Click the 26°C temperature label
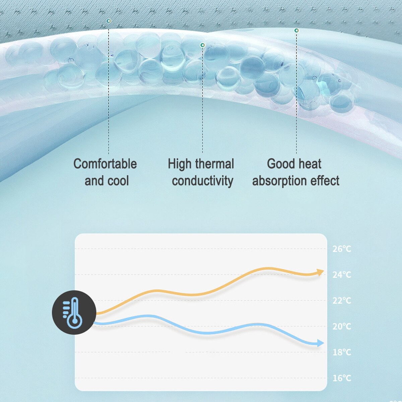(342, 249)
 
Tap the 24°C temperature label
(342, 275)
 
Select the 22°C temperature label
(342, 300)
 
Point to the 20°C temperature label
(342, 327)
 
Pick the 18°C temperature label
(342, 352)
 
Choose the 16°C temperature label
(342, 378)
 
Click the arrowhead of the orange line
(320, 272)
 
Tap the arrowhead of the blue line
(321, 343)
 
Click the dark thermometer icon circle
(74, 313)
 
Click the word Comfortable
(105, 164)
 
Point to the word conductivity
(203, 181)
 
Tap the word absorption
(279, 181)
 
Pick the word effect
(325, 181)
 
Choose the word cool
(118, 181)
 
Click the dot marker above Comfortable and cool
(109, 21)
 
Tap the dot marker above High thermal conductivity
(203, 45)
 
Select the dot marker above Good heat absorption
(296, 31)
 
